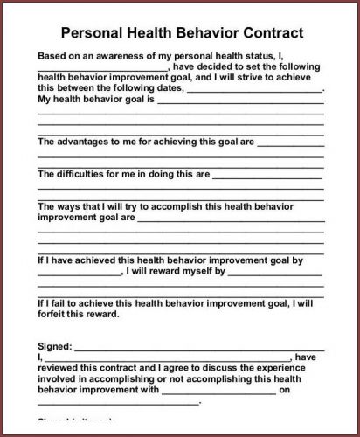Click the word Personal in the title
tap(91, 34)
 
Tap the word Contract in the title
tap(269, 34)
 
